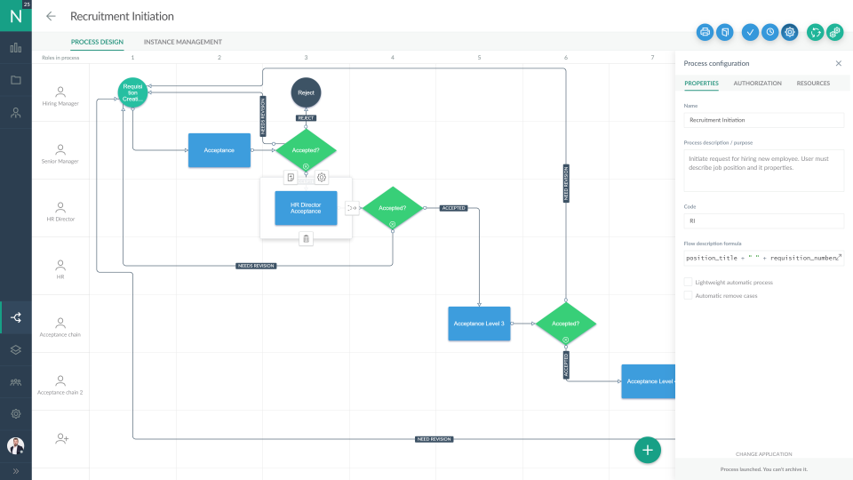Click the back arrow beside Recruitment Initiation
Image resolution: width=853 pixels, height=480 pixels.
pos(51,16)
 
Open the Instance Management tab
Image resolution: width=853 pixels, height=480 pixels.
pos(182,42)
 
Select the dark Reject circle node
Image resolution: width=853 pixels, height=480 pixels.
pos(306,92)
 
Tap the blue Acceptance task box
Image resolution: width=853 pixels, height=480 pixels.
pos(219,150)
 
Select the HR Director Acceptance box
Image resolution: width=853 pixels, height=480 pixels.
pos(306,208)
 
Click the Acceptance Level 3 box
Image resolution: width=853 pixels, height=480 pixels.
pos(479,324)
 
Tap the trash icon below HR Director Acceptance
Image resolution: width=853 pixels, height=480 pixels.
pos(306,238)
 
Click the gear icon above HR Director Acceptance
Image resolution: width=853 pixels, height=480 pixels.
pos(322,178)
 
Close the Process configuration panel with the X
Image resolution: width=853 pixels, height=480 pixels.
pos(838,64)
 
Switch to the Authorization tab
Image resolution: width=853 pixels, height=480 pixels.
pos(757,84)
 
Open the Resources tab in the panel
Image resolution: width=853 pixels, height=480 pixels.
pos(813,84)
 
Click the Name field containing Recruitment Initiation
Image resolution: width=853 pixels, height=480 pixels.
pos(763,120)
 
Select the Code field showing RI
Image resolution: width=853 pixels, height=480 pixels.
pos(763,220)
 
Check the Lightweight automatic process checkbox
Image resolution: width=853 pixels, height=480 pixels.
pos(689,282)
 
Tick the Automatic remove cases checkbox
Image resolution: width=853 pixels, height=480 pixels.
pos(689,295)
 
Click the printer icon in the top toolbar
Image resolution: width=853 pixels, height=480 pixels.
pos(705,32)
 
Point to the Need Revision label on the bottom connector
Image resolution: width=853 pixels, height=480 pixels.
pos(434,439)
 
